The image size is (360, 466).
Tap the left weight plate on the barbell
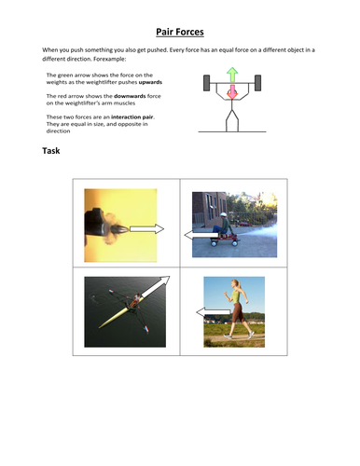[207, 85]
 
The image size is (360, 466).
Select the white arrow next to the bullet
[146, 228]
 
